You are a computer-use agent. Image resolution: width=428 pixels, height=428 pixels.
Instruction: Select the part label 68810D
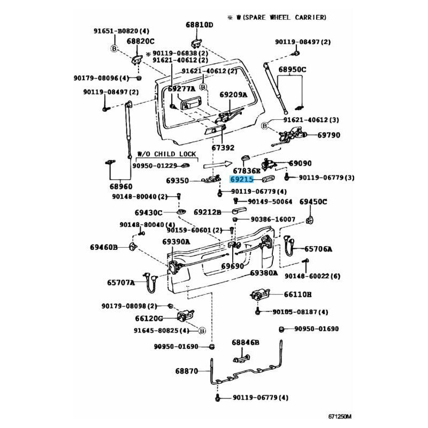[200, 25]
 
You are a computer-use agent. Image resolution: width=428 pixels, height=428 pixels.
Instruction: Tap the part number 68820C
[140, 41]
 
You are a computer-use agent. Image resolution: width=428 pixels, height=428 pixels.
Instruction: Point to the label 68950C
[293, 70]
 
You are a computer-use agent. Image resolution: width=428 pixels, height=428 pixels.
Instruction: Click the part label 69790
[329, 135]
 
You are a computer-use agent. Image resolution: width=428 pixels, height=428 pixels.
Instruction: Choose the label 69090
[300, 163]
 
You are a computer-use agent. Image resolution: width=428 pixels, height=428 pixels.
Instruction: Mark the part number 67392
[223, 148]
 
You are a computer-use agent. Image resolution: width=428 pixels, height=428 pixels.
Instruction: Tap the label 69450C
[313, 202]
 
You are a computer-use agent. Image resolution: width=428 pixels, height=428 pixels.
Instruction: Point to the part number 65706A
[318, 249]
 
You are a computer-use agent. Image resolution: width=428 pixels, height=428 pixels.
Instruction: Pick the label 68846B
[245, 342]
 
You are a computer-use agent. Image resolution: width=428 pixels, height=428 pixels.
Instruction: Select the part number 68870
[186, 371]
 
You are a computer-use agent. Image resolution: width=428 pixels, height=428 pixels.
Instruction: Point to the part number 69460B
[103, 247]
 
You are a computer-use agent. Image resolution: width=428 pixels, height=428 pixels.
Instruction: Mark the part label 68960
[121, 187]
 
